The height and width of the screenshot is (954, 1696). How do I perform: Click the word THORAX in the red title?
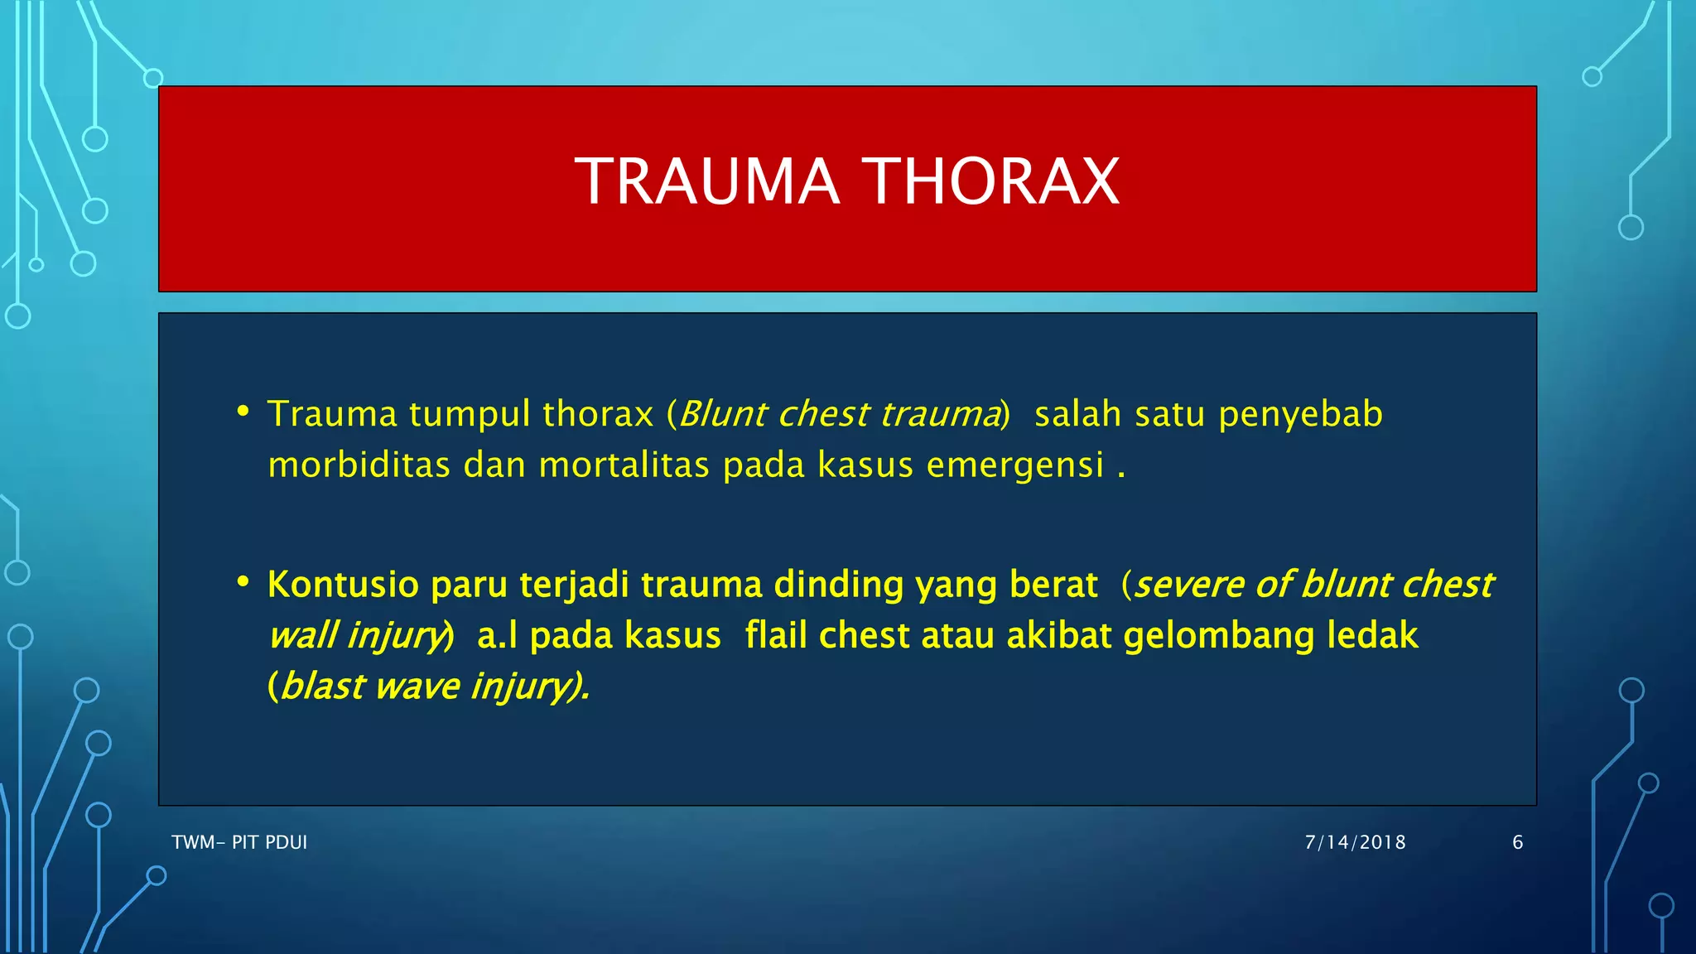(991, 182)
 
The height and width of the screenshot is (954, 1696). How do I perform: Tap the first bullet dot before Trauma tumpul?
(243, 412)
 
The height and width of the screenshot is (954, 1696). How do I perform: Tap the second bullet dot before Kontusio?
(243, 582)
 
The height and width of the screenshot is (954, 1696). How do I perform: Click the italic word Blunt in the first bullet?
(722, 415)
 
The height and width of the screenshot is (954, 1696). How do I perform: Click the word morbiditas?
(359, 465)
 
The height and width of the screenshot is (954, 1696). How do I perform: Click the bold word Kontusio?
(343, 585)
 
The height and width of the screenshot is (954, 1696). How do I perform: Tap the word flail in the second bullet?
(776, 636)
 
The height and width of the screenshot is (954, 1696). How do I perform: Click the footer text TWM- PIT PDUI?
(239, 842)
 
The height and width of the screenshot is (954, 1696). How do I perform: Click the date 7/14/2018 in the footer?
(1355, 842)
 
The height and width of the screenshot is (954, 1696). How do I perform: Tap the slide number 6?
(1517, 842)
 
